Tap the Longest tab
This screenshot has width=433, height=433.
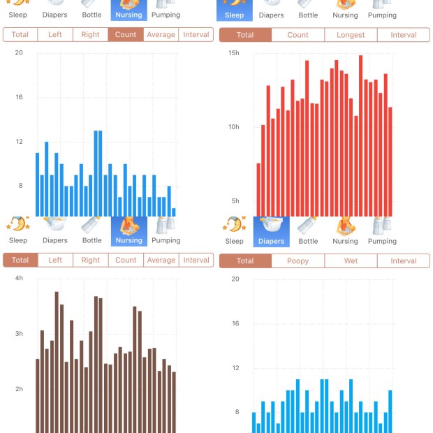351,35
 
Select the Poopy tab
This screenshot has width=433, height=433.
298,261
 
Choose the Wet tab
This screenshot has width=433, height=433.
351,261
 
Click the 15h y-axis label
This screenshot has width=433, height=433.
234,53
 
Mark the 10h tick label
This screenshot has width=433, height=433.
234,127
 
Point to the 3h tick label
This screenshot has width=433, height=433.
19,334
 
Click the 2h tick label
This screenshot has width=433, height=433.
19,389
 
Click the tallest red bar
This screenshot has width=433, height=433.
360,135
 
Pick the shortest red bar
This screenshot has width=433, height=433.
258,189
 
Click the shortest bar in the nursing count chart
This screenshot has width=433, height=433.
174,212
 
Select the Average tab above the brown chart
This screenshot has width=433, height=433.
161,260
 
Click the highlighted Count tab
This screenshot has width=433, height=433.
126,35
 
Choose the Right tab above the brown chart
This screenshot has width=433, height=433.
90,260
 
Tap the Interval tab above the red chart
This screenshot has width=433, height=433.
403,35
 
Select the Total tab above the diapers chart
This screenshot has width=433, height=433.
245,261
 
